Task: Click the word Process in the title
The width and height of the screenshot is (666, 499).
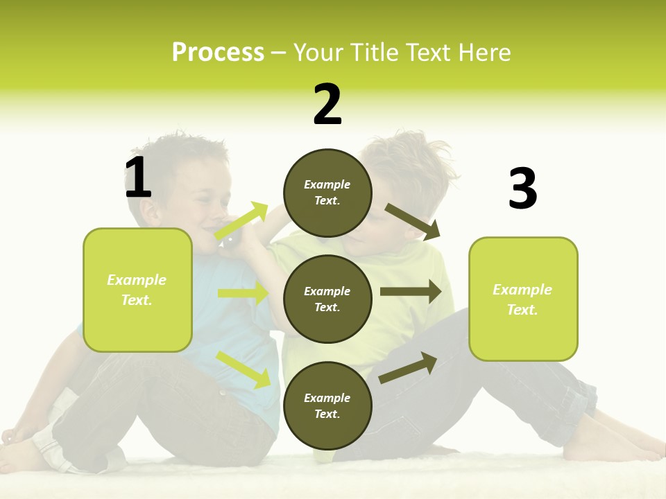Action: [x=218, y=52]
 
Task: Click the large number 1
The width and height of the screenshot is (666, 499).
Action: [x=138, y=177]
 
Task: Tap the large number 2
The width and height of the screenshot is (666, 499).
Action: [x=327, y=105]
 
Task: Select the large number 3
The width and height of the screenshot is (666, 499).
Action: [x=522, y=189]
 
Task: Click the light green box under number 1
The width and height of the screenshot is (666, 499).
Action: [x=137, y=290]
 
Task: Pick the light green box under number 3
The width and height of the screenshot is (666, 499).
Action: [x=523, y=299]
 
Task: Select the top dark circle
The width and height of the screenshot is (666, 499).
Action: [x=327, y=193]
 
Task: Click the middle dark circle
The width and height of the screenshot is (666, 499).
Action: [x=327, y=299]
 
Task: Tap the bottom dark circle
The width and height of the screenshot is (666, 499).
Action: [x=327, y=406]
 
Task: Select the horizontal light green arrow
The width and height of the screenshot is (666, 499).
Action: [x=243, y=293]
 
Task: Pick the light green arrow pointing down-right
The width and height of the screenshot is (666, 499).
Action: [x=243, y=369]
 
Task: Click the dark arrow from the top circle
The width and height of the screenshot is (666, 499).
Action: [x=413, y=221]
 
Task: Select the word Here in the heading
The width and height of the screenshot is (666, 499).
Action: [x=484, y=52]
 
